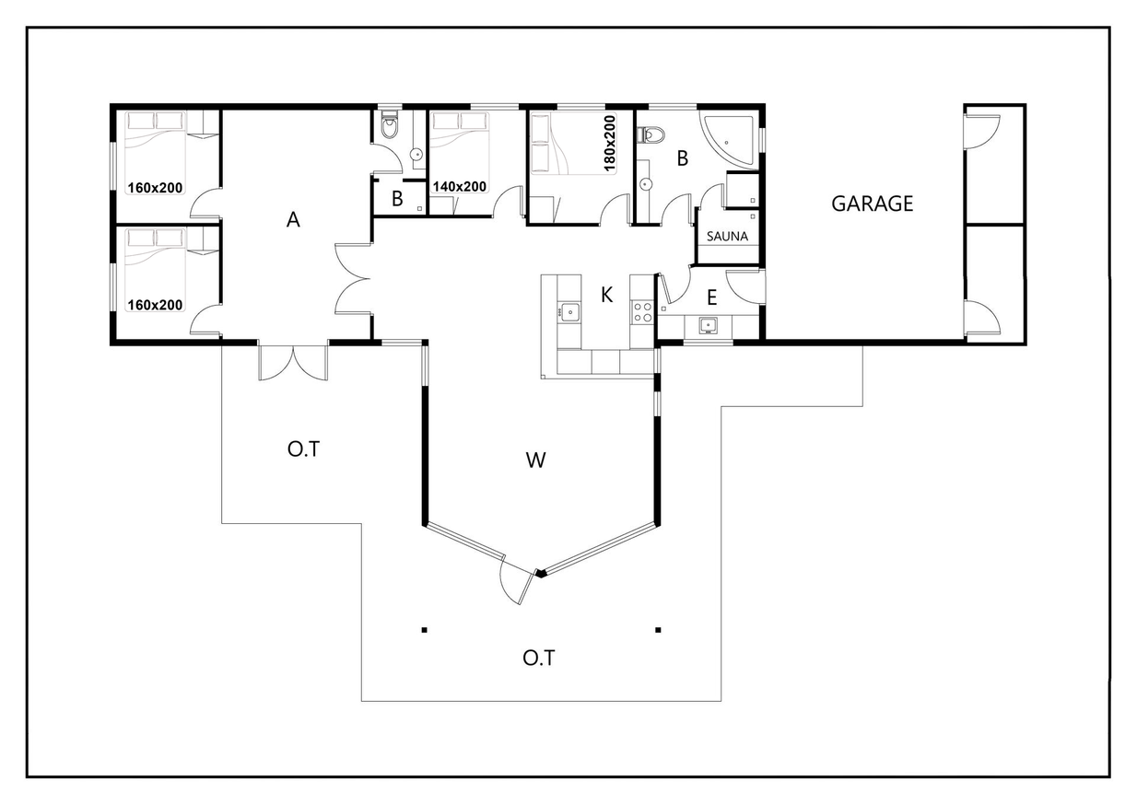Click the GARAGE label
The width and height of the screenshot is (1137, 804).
[872, 204]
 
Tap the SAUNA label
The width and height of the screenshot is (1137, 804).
[727, 237]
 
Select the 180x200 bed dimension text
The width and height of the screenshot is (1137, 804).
[610, 143]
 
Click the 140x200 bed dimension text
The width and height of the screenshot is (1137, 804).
[460, 187]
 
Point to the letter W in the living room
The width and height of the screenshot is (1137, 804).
[535, 460]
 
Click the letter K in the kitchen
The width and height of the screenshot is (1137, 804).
[606, 294]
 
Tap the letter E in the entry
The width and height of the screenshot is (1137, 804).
[711, 297]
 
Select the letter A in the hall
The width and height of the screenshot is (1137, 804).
[293, 219]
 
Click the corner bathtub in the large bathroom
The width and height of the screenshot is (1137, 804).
[729, 140]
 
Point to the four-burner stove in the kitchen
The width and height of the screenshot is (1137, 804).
[642, 312]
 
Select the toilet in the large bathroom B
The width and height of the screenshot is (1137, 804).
[651, 134]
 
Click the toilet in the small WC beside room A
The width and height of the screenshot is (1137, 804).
[390, 127]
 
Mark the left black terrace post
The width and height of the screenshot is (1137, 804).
[425, 630]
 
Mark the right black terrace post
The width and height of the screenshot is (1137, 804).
[658, 630]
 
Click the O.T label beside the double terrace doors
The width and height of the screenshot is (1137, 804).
[303, 449]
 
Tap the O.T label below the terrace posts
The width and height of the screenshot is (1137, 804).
[538, 658]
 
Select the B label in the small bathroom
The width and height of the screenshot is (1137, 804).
[397, 199]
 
